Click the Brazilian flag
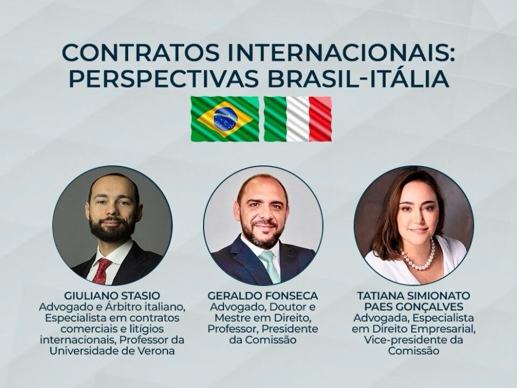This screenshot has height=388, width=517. click(225, 119)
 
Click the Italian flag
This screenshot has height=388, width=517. click(298, 119)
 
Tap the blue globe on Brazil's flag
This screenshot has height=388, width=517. click(225, 119)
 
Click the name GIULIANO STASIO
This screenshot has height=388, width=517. click(112, 296)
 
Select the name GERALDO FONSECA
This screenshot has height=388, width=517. click(263, 296)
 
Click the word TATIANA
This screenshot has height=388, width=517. click(379, 296)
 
